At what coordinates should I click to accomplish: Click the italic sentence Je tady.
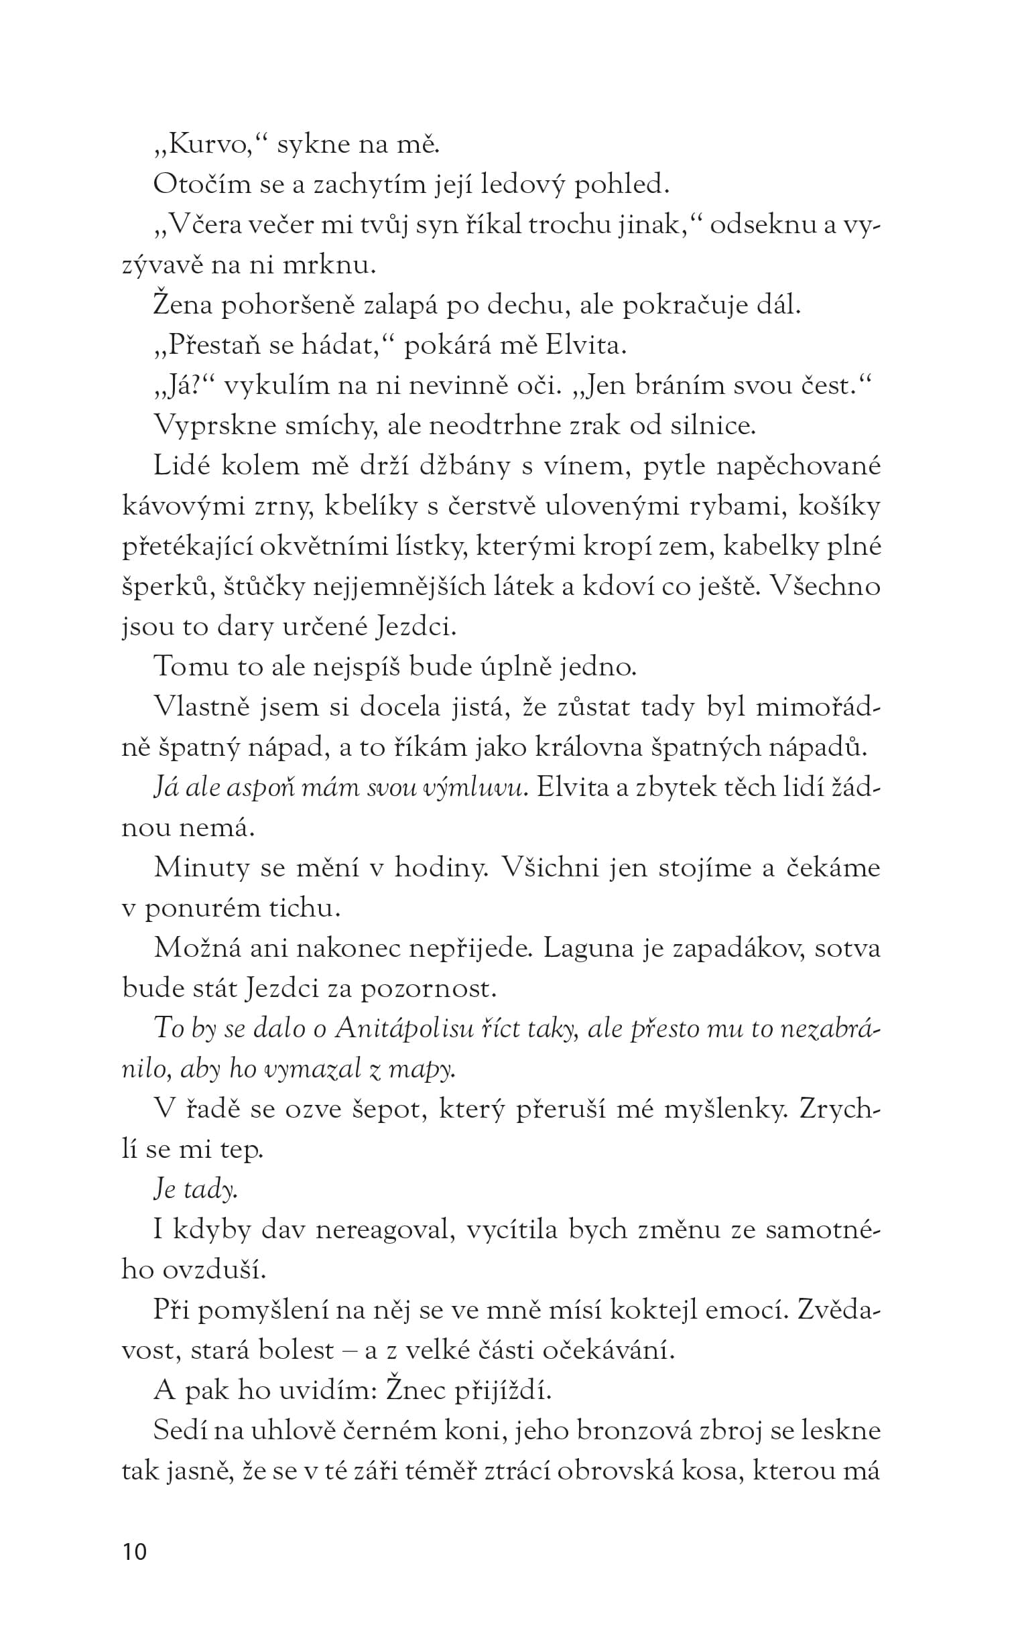coord(195,1190)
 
